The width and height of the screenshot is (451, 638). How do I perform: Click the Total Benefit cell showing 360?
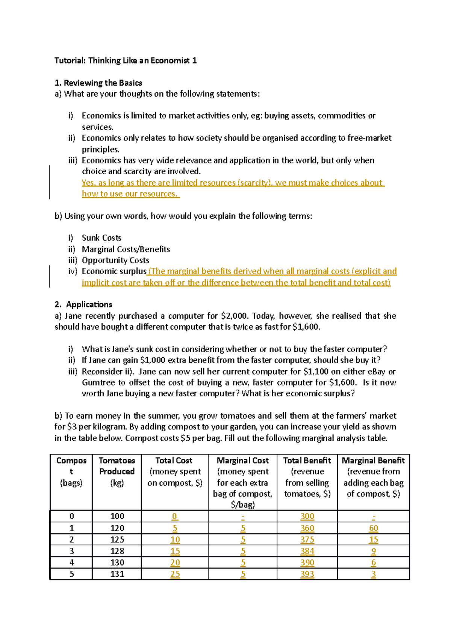[x=307, y=528]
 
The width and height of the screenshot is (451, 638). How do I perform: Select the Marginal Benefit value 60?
[x=373, y=528]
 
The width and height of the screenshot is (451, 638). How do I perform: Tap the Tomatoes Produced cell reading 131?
[x=117, y=574]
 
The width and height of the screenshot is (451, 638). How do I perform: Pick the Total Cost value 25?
[x=175, y=574]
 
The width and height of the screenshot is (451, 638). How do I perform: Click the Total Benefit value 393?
[x=307, y=574]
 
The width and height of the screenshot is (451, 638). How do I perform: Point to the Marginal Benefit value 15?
[x=373, y=540]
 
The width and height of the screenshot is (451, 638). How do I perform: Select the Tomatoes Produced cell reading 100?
[x=117, y=516]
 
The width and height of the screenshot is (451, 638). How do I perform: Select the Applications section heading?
[x=89, y=304]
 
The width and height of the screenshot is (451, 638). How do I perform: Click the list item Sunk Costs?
[x=101, y=238]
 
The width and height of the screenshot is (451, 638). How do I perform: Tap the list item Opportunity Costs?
[x=115, y=260]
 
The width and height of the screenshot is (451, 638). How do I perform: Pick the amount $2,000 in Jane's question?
[x=235, y=316]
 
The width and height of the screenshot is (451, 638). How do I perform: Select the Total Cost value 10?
[x=175, y=540]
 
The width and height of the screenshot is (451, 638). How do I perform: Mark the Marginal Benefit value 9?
[x=373, y=551]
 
